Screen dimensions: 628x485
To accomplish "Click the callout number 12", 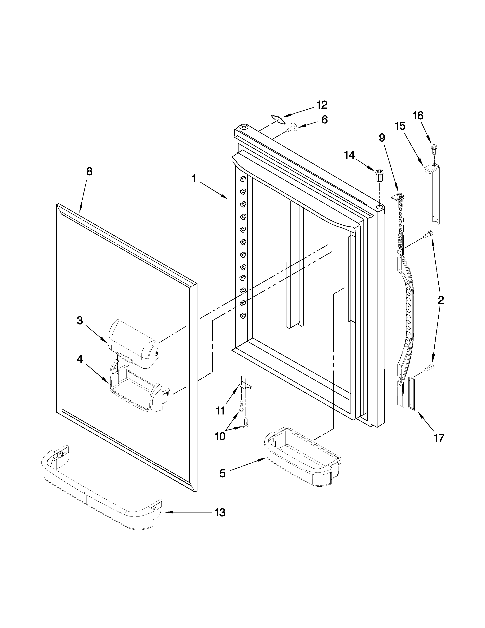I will (322, 105).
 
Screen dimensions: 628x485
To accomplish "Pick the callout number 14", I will (350, 155).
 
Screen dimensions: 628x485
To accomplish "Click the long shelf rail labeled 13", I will (101, 489).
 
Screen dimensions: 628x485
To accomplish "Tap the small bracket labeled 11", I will (246, 386).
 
